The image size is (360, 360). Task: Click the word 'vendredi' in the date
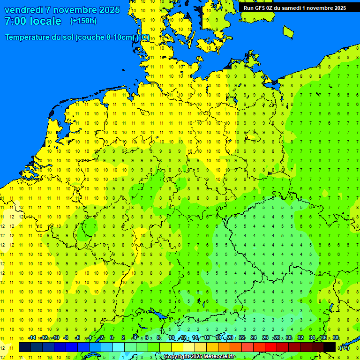pyautogui.click(x=24, y=10)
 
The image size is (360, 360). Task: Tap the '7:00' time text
pyautogui.click(x=15, y=21)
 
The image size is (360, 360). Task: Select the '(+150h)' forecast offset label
pyautogui.click(x=83, y=21)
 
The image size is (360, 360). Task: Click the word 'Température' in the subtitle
pyautogui.click(x=29, y=37)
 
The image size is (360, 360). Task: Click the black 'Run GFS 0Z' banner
pyautogui.click(x=295, y=7)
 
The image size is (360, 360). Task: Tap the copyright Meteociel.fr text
pyautogui.click(x=199, y=357)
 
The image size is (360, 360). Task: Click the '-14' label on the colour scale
pyautogui.click(x=32, y=337)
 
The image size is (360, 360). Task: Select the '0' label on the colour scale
pyautogui.click(x=112, y=337)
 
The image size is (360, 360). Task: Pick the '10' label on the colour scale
pyautogui.click(x=172, y=337)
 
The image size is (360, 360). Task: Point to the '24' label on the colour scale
pyautogui.click(x=254, y=337)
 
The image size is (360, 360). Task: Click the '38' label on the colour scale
pyautogui.click(x=336, y=337)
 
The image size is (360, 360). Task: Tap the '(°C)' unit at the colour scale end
pyautogui.click(x=344, y=348)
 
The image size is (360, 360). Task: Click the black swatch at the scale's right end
pyautogui.click(x=330, y=347)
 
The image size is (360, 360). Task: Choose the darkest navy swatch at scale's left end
pyautogui.click(x=25, y=347)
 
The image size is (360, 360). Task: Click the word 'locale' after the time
pyautogui.click(x=45, y=21)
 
